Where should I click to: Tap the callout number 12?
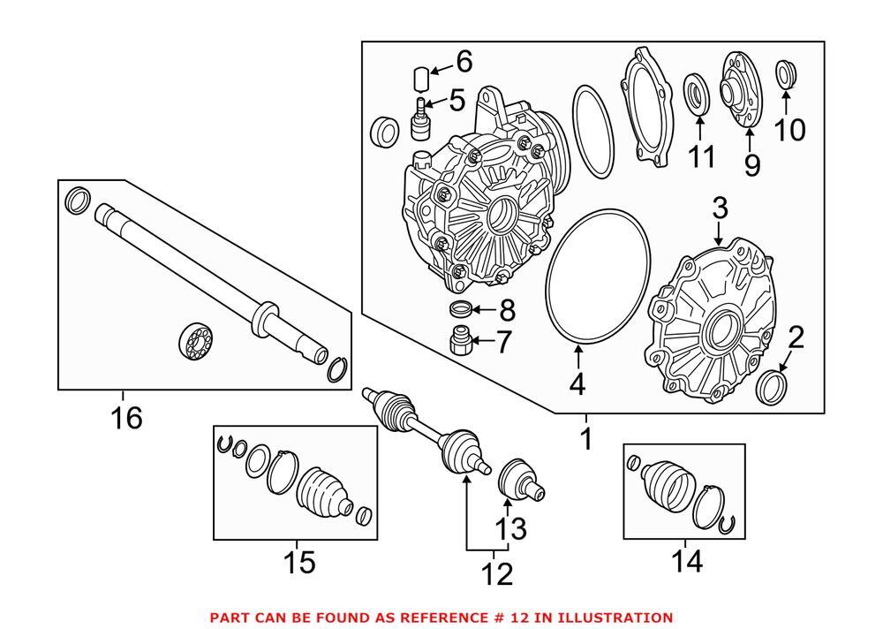point(496,573)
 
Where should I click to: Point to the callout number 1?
point(585,438)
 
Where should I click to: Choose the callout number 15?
point(299,561)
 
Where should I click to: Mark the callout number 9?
point(751,164)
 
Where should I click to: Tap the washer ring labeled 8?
point(458,309)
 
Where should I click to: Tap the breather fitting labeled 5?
point(420,118)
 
